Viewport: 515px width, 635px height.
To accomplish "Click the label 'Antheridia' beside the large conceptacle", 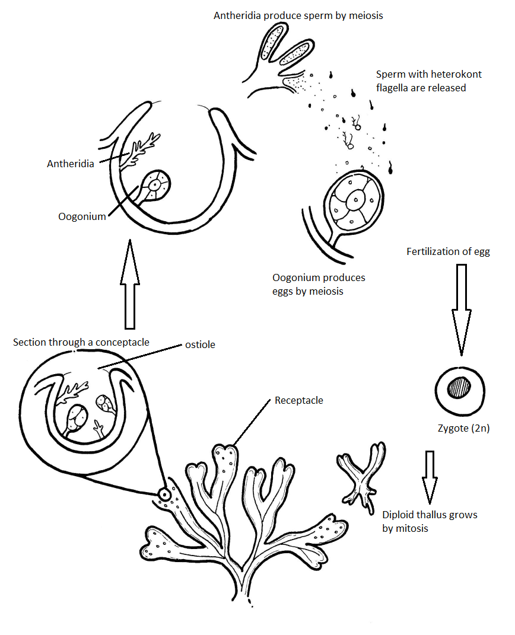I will click(x=70, y=164).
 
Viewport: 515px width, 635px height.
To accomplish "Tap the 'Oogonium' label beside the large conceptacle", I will click(x=82, y=216).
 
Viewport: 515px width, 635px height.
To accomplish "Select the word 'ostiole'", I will click(x=201, y=344).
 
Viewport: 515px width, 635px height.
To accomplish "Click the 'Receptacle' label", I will click(x=298, y=401).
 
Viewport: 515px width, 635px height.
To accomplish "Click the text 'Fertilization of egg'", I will click(x=448, y=251).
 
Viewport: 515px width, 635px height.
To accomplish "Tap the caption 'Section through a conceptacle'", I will click(x=81, y=342).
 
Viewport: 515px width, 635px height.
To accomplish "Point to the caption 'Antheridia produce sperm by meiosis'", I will click(x=298, y=15).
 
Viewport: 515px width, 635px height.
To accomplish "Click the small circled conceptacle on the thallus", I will click(x=164, y=493).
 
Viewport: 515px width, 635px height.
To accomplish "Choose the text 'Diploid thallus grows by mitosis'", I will click(x=430, y=521).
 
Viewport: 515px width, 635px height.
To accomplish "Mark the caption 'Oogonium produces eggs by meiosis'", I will click(x=319, y=284).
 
